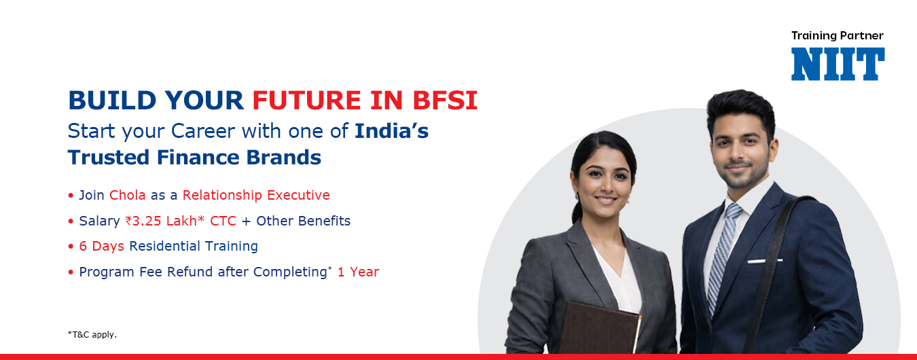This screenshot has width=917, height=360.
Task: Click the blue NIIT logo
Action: [838, 64]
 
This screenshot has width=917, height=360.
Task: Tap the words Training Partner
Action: [837, 36]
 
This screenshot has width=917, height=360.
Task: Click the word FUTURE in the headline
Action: [306, 101]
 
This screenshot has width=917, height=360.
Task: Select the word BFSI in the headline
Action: [445, 101]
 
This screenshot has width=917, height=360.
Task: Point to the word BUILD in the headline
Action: [112, 101]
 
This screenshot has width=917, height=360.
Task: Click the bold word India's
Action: [391, 131]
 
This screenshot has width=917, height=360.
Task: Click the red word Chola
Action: [127, 195]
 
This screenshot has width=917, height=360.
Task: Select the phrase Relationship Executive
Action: [256, 195]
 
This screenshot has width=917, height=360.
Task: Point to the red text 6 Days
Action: [101, 246]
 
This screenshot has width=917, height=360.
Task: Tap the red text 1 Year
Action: [358, 272]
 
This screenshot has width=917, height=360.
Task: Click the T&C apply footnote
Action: [92, 335]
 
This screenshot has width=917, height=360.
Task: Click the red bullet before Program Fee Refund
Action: [71, 272]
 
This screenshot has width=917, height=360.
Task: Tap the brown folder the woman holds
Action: [599, 328]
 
